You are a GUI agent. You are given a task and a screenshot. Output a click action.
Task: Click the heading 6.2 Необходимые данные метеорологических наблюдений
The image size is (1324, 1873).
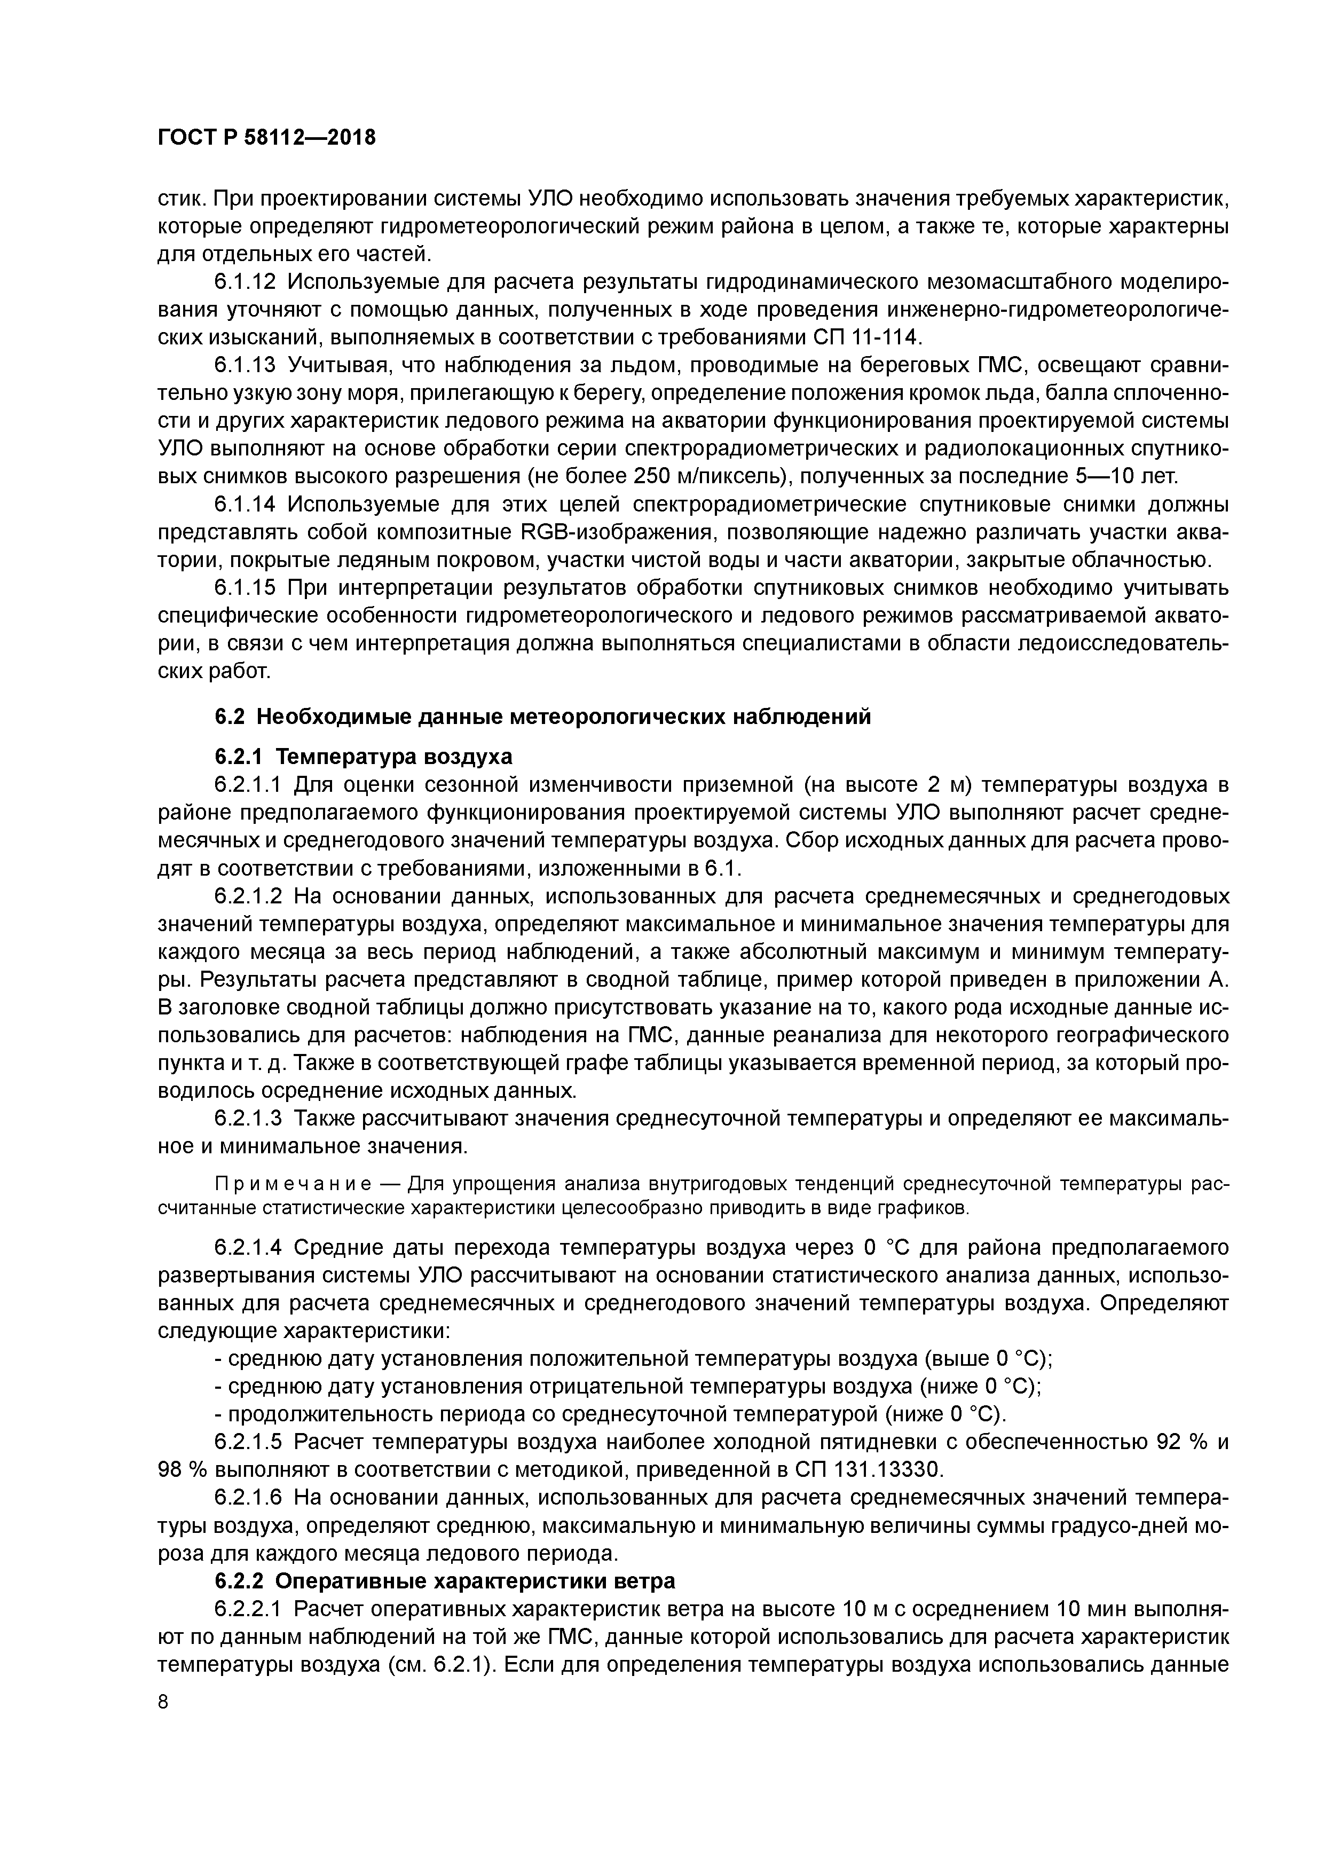coord(542,716)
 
